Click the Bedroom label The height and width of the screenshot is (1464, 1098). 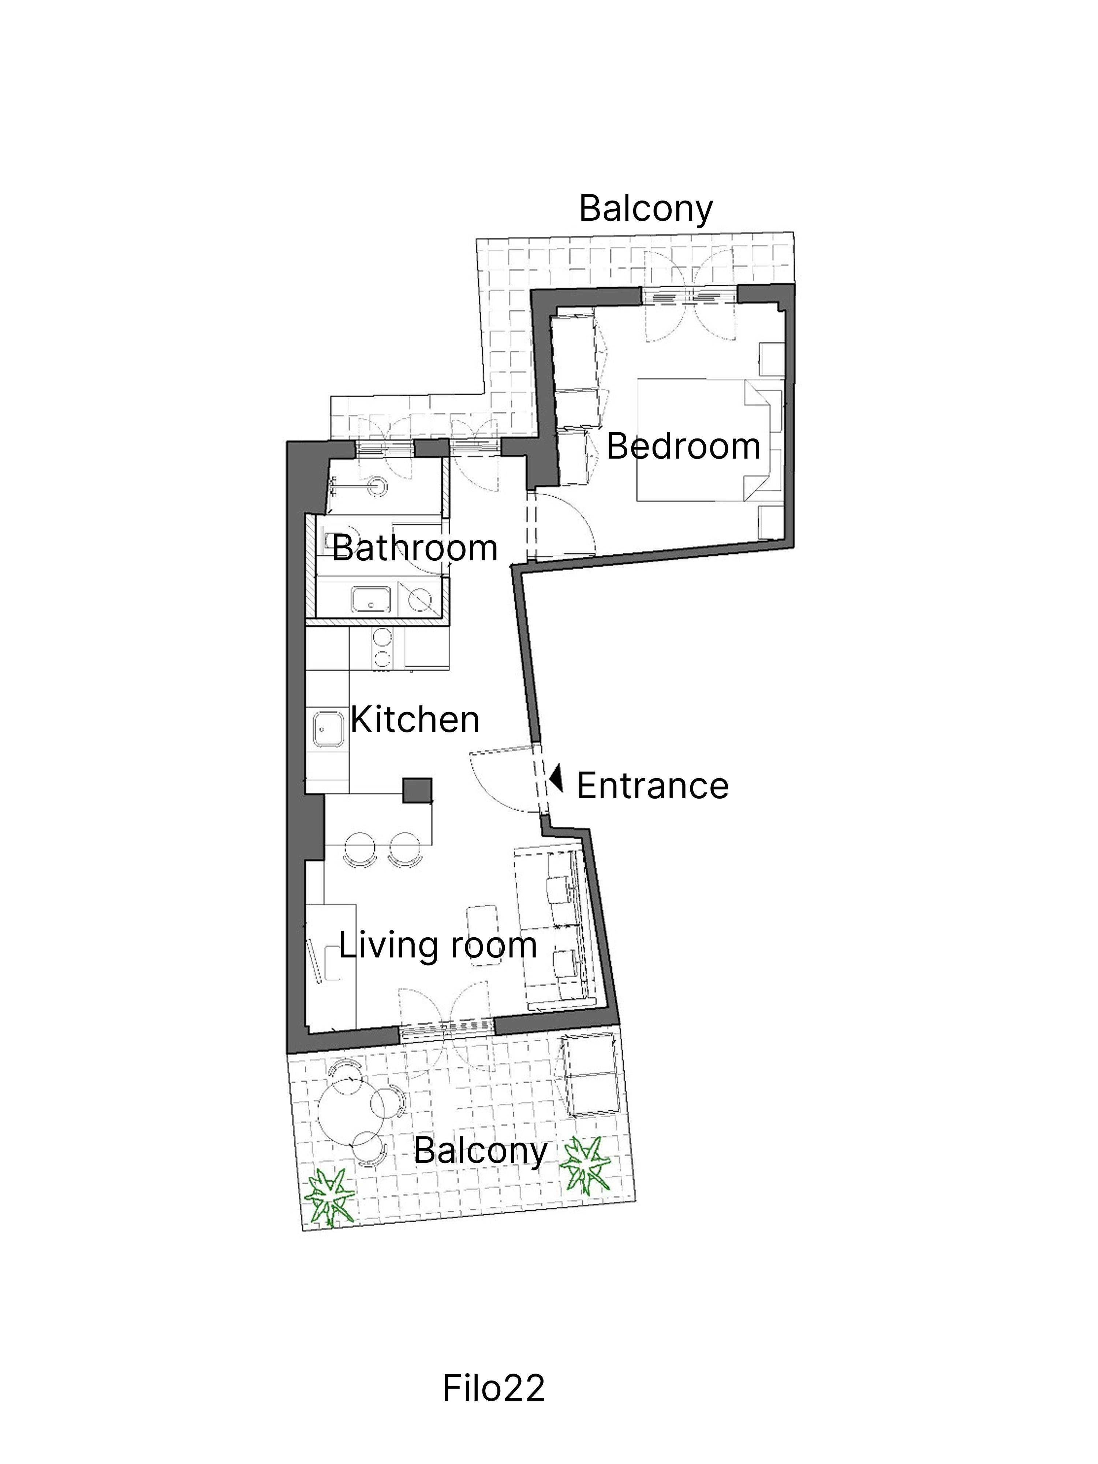pos(683,447)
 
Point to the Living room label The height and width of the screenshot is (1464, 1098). pos(437,945)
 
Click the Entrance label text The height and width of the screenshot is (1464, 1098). pos(653,786)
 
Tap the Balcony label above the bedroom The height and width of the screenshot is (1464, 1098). pos(646,209)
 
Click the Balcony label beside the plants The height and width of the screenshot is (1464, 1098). pos(481,1151)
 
